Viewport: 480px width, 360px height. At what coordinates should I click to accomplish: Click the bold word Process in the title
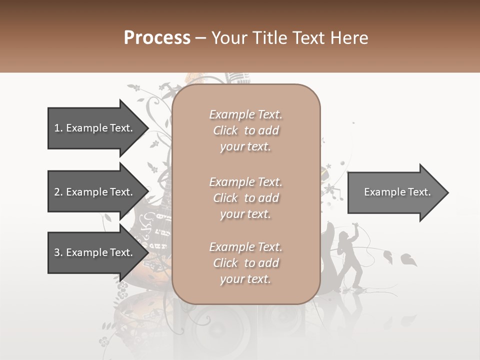(157, 38)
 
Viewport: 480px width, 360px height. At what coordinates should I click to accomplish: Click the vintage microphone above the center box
(237, 78)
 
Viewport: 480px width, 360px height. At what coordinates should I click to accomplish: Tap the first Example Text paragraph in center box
(245, 130)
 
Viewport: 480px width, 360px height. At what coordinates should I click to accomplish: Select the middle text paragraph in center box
(245, 198)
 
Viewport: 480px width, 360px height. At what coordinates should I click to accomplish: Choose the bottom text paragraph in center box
(245, 263)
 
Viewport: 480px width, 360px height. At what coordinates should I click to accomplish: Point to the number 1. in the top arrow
(58, 128)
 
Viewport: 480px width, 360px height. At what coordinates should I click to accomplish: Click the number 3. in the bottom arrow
(58, 252)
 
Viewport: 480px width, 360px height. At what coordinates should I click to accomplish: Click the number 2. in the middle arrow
(58, 192)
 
